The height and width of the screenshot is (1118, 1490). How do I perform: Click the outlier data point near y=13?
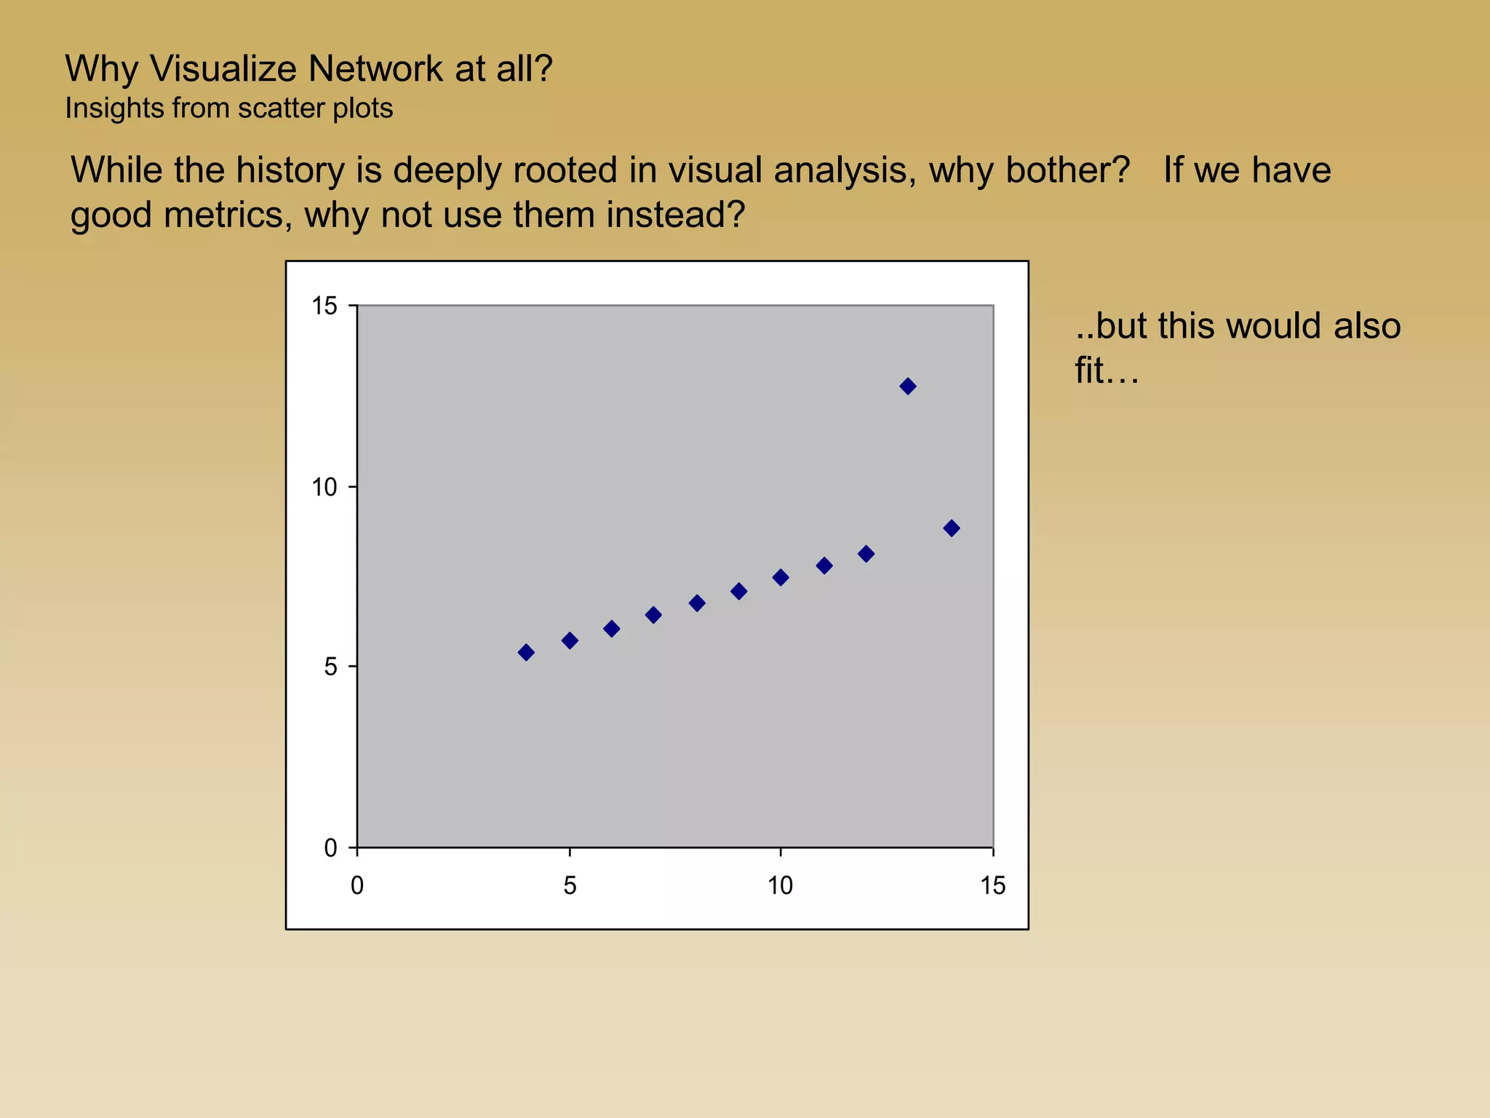907,386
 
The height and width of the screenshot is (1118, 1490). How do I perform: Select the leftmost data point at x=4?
526,652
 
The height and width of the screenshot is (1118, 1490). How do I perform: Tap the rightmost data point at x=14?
951,528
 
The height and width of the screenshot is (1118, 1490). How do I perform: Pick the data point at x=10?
781,577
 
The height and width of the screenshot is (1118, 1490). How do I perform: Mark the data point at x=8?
696,603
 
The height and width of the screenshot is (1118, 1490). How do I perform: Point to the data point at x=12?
866,554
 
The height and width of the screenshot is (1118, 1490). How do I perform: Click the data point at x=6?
611,628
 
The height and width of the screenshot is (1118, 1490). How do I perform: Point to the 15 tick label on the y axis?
324,306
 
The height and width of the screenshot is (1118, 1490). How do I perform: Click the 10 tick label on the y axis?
324,487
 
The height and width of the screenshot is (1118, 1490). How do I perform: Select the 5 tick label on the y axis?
331,667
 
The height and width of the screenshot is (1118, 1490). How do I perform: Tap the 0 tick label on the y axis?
331,848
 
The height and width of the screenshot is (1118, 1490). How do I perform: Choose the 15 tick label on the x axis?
992,886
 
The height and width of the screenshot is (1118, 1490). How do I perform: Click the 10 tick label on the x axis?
780,886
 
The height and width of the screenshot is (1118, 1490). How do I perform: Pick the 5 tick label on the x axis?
570,886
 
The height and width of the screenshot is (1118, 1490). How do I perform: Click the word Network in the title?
375,69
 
